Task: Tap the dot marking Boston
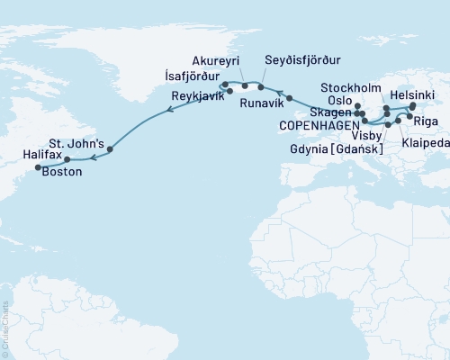(x=38, y=167)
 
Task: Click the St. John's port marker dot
(x=110, y=150)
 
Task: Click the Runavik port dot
(x=290, y=97)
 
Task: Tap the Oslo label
(x=340, y=101)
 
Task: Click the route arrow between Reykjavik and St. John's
(x=168, y=112)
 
